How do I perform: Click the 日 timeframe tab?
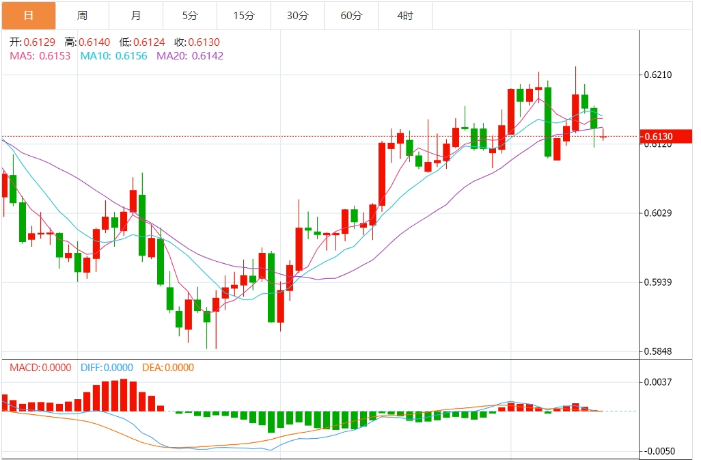click(28, 15)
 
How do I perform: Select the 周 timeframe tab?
click(82, 15)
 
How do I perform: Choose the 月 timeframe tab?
click(136, 15)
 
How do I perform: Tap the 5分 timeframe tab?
click(190, 15)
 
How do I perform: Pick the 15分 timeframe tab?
click(243, 15)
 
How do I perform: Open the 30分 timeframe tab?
click(297, 15)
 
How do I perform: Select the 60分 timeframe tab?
click(351, 15)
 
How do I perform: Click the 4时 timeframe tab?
click(405, 15)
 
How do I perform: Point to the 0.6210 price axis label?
click(659, 75)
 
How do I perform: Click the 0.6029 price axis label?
click(659, 213)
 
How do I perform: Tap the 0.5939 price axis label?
click(659, 282)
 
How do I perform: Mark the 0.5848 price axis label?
click(659, 351)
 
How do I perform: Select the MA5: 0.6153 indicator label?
click(40, 56)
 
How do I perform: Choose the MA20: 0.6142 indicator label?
click(190, 56)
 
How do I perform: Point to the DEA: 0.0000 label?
click(167, 368)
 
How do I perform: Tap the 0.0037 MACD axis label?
click(659, 383)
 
